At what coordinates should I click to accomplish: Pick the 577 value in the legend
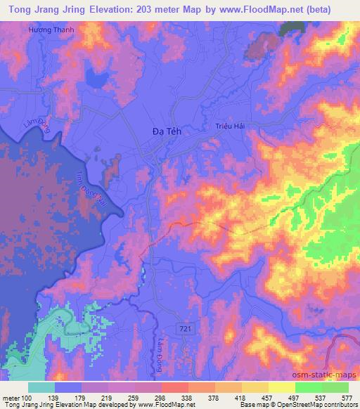[x=347, y=397]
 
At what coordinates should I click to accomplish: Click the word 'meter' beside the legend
[x=11, y=397]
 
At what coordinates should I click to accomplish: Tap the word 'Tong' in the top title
[x=19, y=8]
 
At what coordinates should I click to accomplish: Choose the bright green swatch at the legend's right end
[x=335, y=387]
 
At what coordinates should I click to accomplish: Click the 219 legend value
[x=108, y=397]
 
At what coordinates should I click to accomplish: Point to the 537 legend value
[x=321, y=397]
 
